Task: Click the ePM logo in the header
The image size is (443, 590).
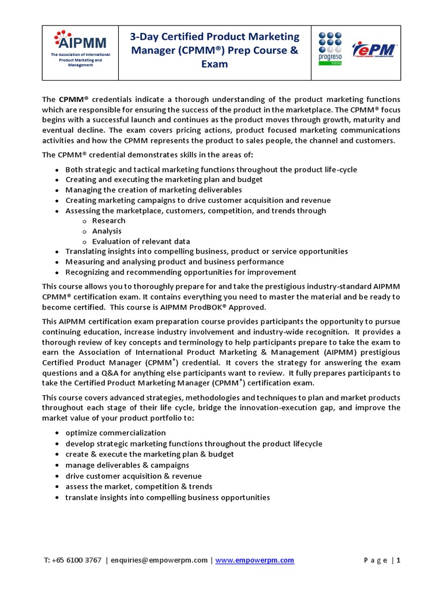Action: click(x=373, y=50)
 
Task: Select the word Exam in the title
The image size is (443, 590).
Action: click(x=214, y=64)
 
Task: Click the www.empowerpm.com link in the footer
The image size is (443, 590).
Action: click(x=254, y=560)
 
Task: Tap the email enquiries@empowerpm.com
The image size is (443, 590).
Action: click(x=159, y=560)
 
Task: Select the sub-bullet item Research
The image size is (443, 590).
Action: click(x=108, y=221)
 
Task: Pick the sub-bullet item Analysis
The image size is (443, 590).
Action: click(x=107, y=231)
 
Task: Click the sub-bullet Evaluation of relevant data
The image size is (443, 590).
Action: click(x=141, y=241)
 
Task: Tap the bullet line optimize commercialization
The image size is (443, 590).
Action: click(x=115, y=433)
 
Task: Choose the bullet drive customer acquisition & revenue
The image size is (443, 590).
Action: click(x=133, y=476)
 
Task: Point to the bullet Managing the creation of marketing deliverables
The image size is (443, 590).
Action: click(x=153, y=190)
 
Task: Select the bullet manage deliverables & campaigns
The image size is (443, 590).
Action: click(x=127, y=465)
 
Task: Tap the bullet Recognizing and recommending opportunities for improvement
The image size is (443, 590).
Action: click(x=181, y=272)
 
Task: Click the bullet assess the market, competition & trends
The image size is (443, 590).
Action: click(x=138, y=486)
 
